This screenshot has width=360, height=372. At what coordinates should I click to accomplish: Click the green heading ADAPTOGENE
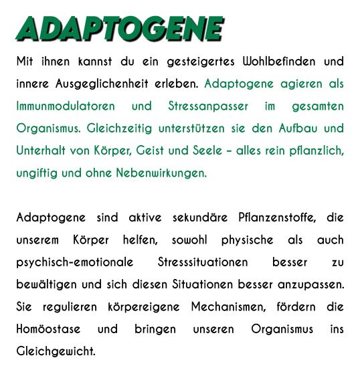pyautogui.click(x=120, y=28)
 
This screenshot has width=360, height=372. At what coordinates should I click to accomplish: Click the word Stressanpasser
pyautogui.click(x=200, y=106)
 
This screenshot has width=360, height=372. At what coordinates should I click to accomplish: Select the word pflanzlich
pyautogui.click(x=317, y=151)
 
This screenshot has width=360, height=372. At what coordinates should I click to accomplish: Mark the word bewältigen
pyautogui.click(x=45, y=284)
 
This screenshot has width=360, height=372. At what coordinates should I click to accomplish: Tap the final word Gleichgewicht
pyautogui.click(x=56, y=351)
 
